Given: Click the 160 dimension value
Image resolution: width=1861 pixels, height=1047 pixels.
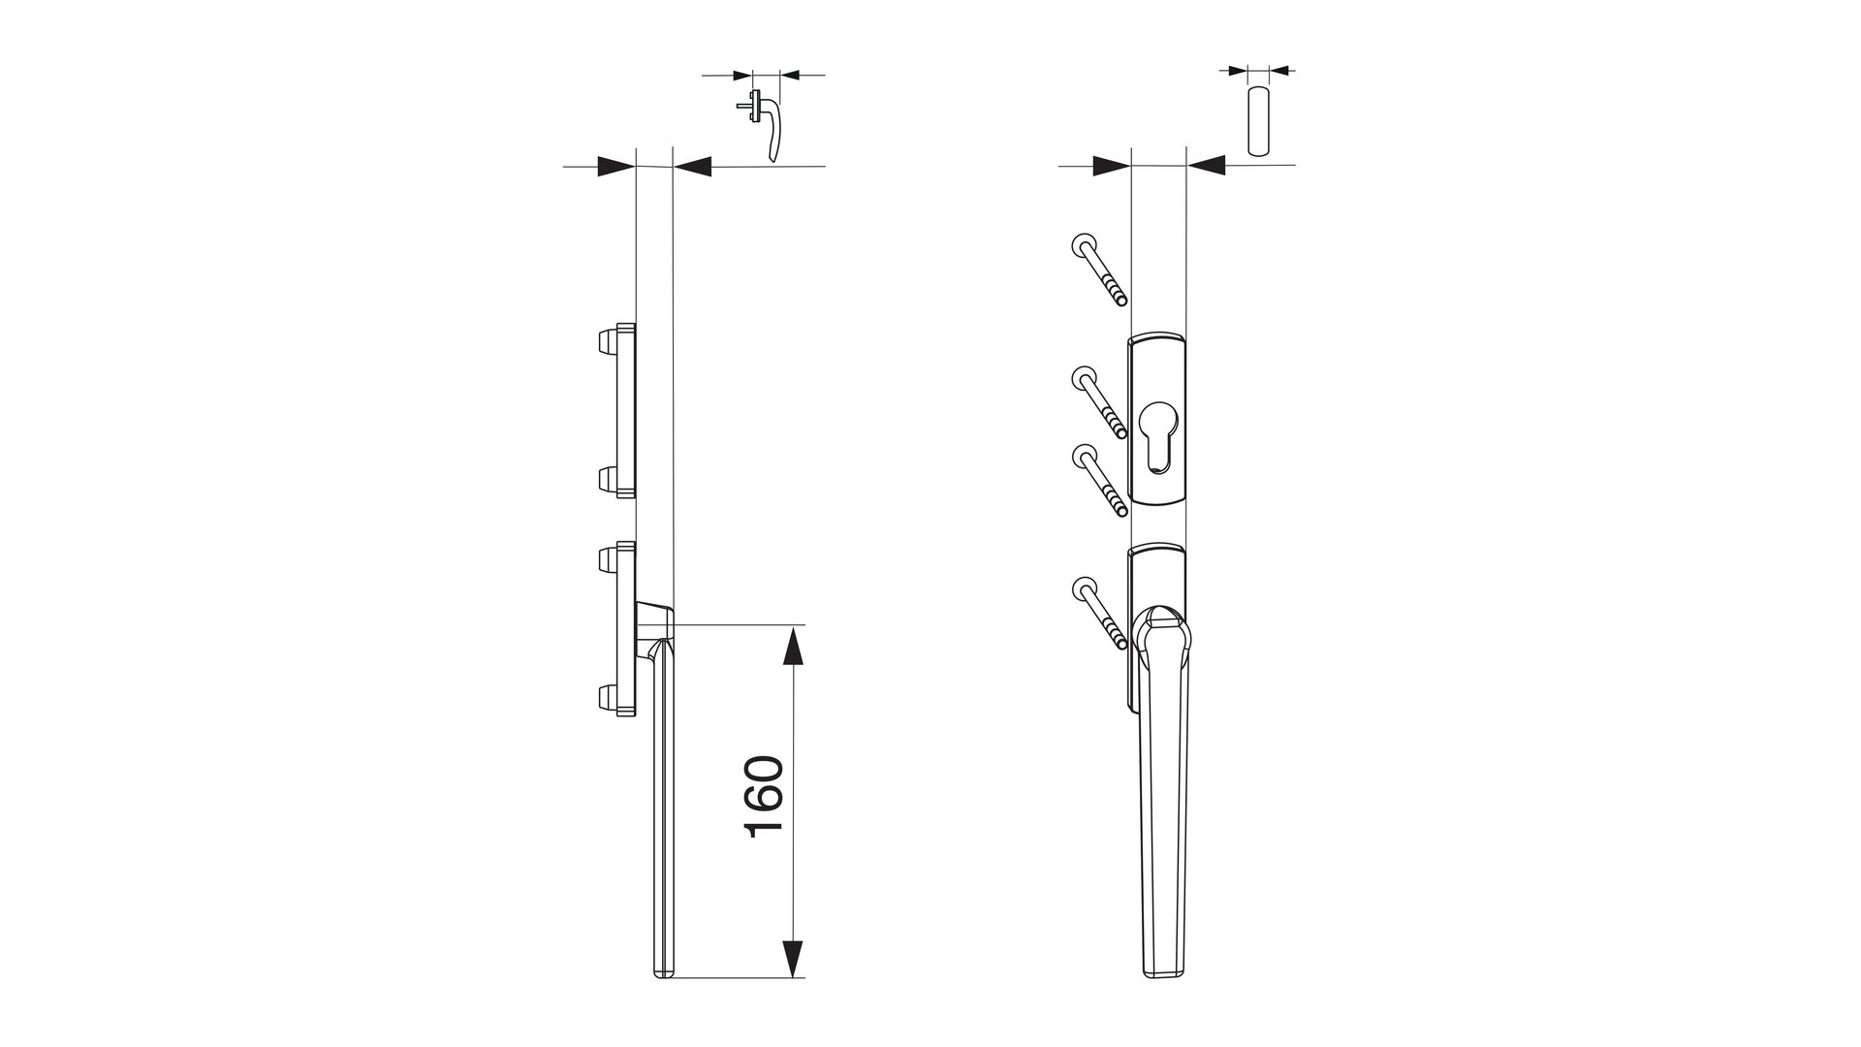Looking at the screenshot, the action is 764,797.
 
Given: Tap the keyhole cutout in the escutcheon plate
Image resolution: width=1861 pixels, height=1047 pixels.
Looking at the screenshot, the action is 1157,436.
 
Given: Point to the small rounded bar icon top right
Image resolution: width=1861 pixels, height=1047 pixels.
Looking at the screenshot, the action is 1257,121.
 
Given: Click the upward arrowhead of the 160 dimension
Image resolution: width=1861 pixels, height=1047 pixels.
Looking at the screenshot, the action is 793,646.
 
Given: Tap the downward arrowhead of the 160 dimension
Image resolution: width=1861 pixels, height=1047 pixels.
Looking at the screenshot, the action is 793,959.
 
